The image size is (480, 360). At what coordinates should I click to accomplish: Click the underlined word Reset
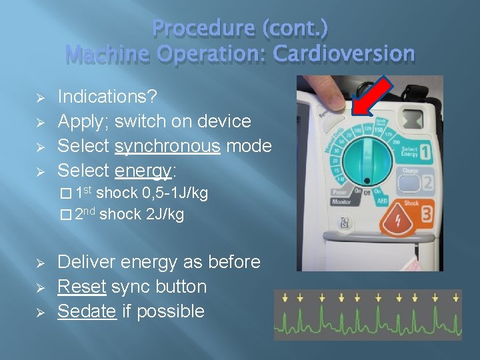82,287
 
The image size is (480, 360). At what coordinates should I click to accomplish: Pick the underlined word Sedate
87,311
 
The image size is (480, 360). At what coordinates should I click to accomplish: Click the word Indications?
108,97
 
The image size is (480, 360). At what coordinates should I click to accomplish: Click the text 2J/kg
164,214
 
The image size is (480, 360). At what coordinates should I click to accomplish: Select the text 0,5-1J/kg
175,193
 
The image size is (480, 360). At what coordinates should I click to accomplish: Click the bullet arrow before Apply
39,122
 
